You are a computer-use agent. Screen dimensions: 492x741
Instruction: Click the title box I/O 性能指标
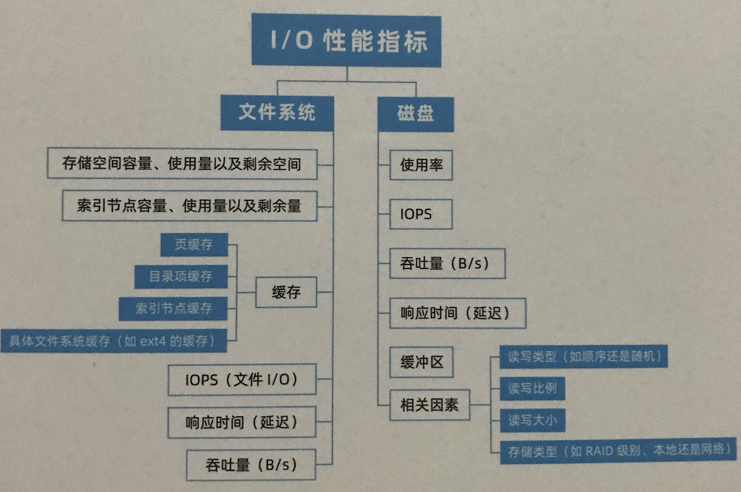pyautogui.click(x=346, y=41)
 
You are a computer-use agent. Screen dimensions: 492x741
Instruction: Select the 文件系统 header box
pyautogui.click(x=276, y=113)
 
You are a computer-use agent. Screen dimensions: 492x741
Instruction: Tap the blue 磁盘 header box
pyautogui.click(x=416, y=114)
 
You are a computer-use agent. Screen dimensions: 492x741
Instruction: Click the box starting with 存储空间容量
pyautogui.click(x=182, y=164)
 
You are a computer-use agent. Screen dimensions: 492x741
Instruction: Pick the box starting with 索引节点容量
pyautogui.click(x=189, y=206)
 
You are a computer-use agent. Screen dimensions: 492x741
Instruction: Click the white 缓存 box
pyautogui.click(x=286, y=292)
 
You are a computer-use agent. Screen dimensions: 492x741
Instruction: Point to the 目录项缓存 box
pyautogui.click(x=180, y=277)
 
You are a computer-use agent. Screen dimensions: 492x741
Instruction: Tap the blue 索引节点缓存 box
pyautogui.click(x=173, y=308)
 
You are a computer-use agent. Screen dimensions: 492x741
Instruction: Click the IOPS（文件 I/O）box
pyautogui.click(x=241, y=380)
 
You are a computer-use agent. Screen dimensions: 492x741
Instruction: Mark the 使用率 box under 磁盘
pyautogui.click(x=421, y=165)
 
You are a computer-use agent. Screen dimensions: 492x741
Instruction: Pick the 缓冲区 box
pyautogui.click(x=421, y=363)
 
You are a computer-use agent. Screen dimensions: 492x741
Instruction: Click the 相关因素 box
pyautogui.click(x=429, y=404)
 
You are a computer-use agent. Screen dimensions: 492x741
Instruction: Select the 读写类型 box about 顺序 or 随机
pyautogui.click(x=584, y=357)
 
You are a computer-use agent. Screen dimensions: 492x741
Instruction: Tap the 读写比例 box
pyautogui.click(x=532, y=388)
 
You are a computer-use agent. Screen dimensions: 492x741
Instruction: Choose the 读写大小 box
pyautogui.click(x=532, y=420)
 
